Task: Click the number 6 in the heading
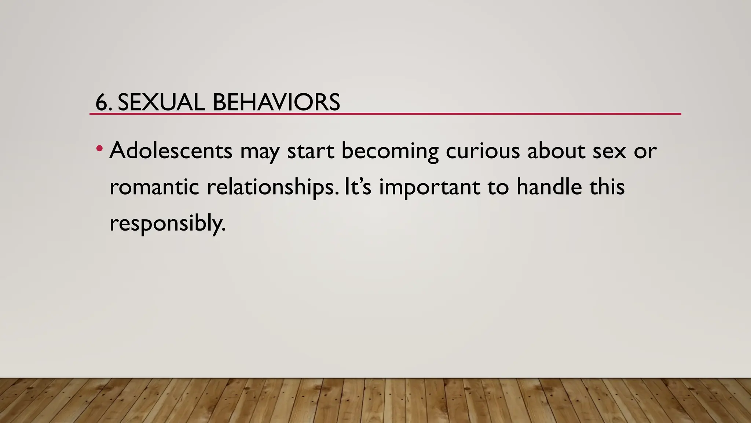(102, 102)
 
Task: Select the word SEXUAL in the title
(161, 102)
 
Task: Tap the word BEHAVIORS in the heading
(276, 102)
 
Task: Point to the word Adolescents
(171, 151)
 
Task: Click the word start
(310, 151)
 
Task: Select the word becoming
(390, 151)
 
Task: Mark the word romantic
(154, 187)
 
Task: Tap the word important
(429, 188)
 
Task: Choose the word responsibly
(167, 223)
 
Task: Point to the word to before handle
(498, 187)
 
